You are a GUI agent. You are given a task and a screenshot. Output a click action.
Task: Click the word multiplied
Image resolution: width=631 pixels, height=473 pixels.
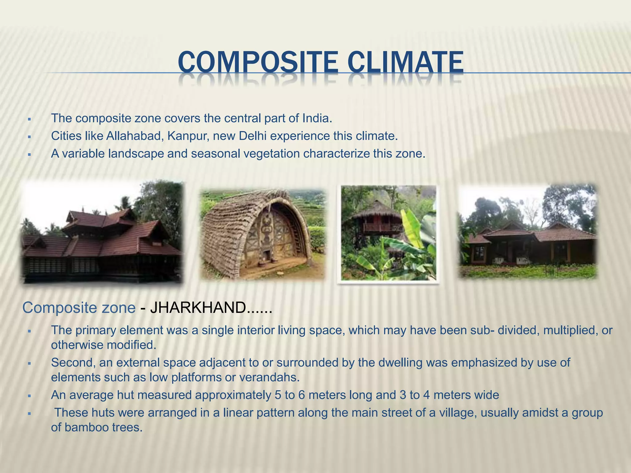pos(569,330)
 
